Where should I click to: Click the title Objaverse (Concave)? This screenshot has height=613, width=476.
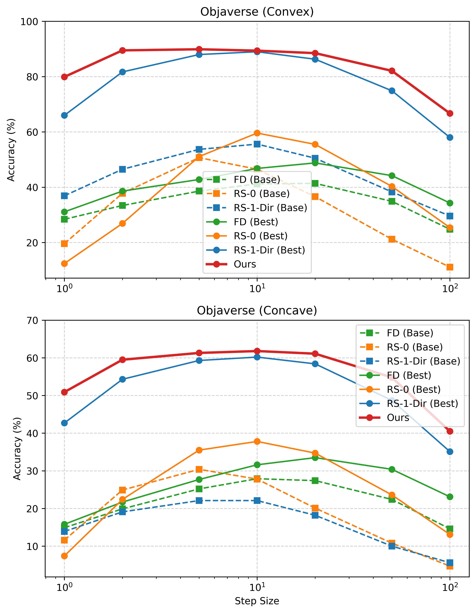(257, 311)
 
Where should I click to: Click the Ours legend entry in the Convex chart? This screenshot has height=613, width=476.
(245, 264)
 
